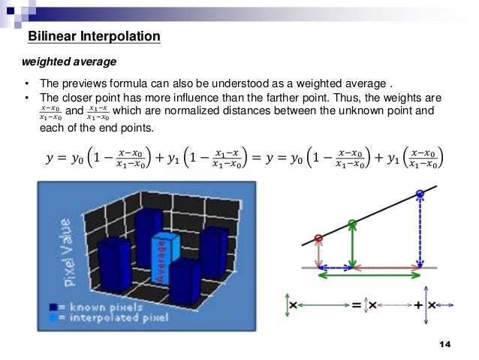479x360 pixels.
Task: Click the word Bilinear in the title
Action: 51,36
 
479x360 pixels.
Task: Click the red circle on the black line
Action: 319,239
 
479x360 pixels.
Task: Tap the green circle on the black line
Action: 352,222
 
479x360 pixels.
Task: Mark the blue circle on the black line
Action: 420,195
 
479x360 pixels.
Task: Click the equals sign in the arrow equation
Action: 357,305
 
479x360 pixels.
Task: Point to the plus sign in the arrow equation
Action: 417,305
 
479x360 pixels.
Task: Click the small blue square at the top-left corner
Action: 11,11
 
